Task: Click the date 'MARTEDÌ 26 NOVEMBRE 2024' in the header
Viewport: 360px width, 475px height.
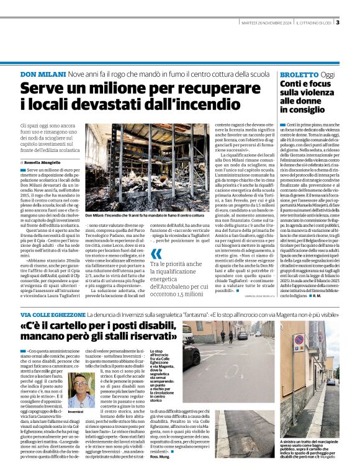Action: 266,24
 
